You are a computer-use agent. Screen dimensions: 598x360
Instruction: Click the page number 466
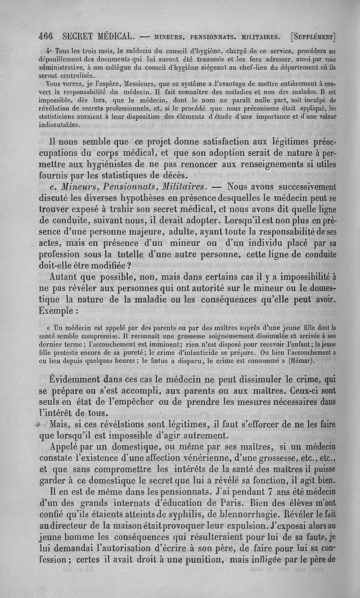tap(45, 36)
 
